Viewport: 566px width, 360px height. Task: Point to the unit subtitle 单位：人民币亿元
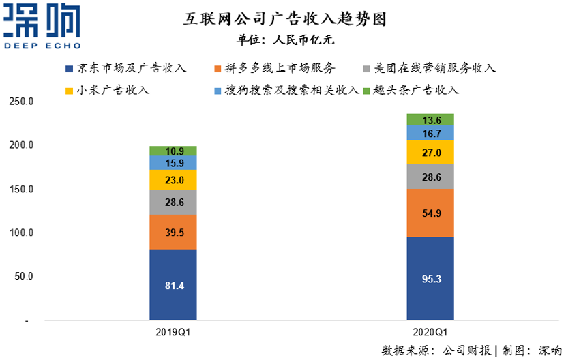coord(285,40)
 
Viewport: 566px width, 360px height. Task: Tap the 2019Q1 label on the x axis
coord(173,333)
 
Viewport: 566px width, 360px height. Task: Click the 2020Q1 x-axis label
coord(430,333)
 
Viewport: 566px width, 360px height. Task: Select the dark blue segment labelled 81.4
coord(173,284)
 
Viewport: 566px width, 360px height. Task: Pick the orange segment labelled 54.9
coord(430,213)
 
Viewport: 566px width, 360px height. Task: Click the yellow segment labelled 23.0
coord(173,179)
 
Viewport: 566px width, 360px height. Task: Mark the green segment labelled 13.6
coord(430,119)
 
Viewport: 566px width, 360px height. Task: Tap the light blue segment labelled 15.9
coord(173,162)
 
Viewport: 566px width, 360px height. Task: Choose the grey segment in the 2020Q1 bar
coord(430,177)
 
